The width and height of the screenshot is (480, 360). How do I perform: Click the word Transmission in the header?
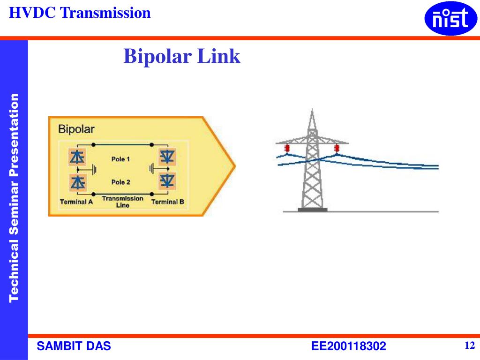105,13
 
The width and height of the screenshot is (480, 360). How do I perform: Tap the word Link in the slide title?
218,57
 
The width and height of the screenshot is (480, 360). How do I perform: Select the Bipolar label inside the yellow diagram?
76,129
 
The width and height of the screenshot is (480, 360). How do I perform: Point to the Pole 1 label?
120,159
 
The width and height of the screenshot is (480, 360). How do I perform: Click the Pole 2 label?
120,182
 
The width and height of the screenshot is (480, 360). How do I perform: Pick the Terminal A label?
76,202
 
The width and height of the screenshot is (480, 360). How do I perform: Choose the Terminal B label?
167,202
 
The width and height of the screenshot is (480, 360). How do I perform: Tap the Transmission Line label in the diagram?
122,202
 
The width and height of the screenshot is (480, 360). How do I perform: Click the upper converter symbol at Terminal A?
77,157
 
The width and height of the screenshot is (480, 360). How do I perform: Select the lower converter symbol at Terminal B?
167,180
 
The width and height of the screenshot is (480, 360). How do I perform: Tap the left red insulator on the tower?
286,149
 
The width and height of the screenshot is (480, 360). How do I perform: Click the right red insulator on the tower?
336,149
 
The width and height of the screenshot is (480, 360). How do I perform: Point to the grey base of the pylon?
313,210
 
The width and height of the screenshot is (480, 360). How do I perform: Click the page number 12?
470,346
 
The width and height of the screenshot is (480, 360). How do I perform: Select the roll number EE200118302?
349,346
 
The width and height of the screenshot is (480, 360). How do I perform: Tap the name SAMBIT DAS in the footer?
74,346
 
